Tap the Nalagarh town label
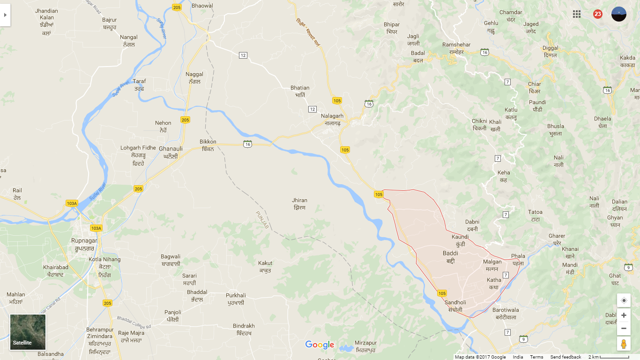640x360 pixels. point(332,120)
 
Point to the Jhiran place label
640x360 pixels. point(299,204)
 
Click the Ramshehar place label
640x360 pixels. point(456,48)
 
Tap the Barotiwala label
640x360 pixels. point(506,314)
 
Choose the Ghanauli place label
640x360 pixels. point(171,152)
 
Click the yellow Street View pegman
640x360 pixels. point(623,344)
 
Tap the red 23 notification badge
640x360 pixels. point(597,14)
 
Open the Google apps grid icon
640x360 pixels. point(577,14)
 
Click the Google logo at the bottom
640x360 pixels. point(320,345)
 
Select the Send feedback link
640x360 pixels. point(566,357)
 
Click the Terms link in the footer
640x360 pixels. point(536,357)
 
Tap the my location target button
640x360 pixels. point(623,300)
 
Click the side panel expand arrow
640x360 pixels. point(5,15)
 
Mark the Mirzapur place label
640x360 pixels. point(366,346)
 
